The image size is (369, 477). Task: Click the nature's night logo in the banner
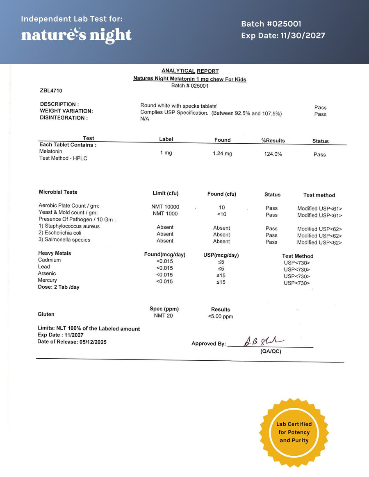76,35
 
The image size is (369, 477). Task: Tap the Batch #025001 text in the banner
271,24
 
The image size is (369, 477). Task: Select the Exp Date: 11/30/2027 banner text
283,36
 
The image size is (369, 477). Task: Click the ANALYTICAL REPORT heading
190,71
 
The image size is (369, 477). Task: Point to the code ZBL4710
51,90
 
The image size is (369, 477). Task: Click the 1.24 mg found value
222,154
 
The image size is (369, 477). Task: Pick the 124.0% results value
273,154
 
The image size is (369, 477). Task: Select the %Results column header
273,140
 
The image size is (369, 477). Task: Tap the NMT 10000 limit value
165,207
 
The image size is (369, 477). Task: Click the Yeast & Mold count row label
68,213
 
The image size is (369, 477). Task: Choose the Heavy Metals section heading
55,253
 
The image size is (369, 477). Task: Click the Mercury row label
48,280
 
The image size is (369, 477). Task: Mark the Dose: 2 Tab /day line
59,287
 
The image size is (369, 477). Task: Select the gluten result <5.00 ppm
221,316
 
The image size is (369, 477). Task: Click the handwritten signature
261,341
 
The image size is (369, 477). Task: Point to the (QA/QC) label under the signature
271,351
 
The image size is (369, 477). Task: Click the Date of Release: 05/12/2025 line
72,342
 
